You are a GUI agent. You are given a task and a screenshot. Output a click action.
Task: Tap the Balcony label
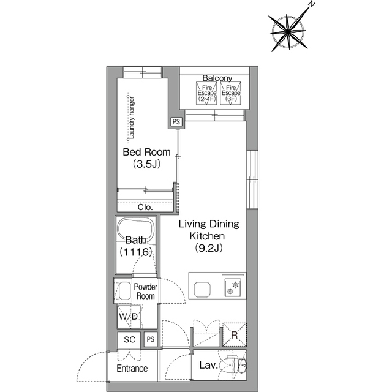point(217,78)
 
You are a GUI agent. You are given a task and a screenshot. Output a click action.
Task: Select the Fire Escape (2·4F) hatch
point(206,93)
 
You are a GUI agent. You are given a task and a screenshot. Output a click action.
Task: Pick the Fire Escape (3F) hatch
point(230,93)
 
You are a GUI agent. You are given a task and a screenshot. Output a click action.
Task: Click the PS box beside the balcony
point(176,122)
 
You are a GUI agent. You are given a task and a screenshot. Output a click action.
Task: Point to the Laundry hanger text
point(132,118)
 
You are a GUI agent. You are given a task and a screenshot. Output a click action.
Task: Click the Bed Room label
point(147,152)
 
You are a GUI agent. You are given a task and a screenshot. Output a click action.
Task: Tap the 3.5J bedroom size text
point(146,164)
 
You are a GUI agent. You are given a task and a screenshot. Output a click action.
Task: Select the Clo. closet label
point(145,207)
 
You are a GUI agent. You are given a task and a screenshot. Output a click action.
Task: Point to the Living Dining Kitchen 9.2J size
point(209,248)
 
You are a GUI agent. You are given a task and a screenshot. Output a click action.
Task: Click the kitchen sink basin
point(202,290)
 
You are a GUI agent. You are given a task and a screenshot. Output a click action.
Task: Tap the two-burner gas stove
point(233,288)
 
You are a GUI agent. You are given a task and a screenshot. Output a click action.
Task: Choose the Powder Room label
point(146,292)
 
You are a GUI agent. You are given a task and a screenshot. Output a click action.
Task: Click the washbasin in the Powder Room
point(124,291)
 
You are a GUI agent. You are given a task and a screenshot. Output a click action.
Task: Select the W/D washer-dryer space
point(129,317)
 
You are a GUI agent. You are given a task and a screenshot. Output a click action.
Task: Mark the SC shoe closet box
point(129,339)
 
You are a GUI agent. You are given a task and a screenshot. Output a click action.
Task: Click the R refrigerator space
point(235,335)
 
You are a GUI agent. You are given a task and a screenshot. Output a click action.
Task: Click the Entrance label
point(132,368)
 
